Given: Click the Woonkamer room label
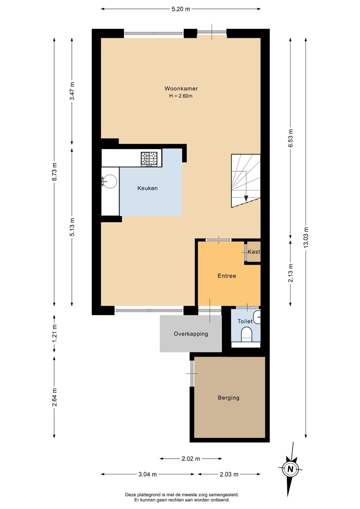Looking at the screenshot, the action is pyautogui.click(x=181, y=88).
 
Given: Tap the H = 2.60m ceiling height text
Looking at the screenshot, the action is pyautogui.click(x=181, y=96).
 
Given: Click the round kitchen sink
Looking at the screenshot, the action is pyautogui.click(x=110, y=181).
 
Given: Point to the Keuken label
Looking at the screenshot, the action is pyautogui.click(x=147, y=188).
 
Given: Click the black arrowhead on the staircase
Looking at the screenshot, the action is pyautogui.click(x=246, y=198).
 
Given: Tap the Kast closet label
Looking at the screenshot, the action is pyautogui.click(x=254, y=252).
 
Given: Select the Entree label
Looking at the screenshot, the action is pyautogui.click(x=227, y=276).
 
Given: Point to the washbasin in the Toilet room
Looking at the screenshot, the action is pyautogui.click(x=257, y=317).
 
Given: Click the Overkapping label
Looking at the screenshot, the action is pyautogui.click(x=191, y=334).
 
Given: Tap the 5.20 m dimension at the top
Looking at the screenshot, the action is pyautogui.click(x=181, y=9).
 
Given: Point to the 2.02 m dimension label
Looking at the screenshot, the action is pyautogui.click(x=191, y=459).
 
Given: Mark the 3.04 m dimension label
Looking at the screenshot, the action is pyautogui.click(x=148, y=474).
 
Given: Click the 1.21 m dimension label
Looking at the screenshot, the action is pyautogui.click(x=55, y=334).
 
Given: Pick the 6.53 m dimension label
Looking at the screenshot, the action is pyautogui.click(x=290, y=138).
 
